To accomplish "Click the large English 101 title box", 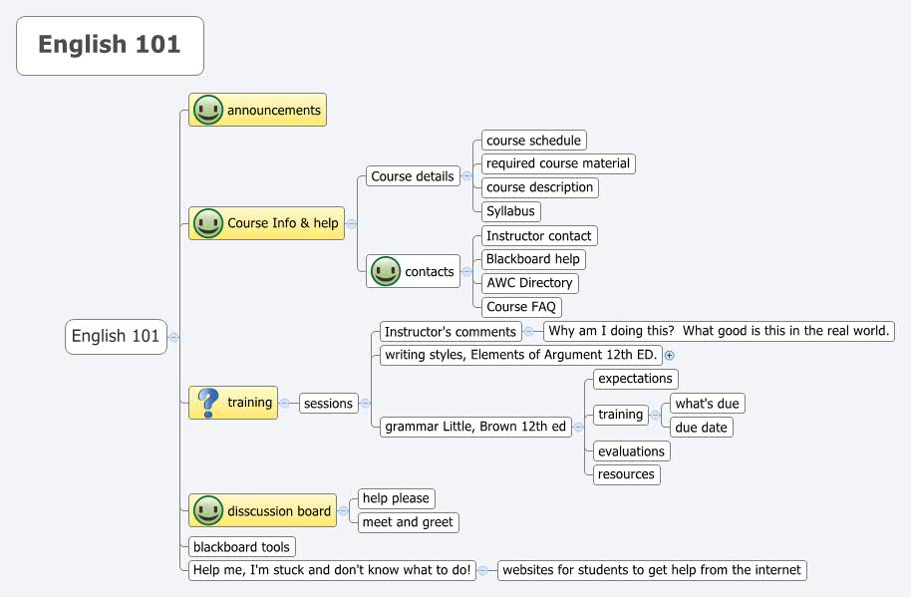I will pos(110,46).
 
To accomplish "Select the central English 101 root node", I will pos(116,337).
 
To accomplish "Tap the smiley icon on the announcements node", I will pos(207,110).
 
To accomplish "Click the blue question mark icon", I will pos(207,403).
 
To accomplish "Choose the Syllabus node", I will pos(510,211).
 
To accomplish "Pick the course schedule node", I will pos(533,141).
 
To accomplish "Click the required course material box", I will pos(558,163).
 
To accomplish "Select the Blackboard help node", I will pos(532,259).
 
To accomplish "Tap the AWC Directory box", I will pos(529,283).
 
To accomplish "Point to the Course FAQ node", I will pos(521,307).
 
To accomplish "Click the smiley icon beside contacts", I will pos(385,271).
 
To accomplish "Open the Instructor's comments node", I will pos(451,332).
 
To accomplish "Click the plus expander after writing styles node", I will pos(670,355).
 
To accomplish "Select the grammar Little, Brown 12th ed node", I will pos(475,427).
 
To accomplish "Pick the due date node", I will pos(702,428).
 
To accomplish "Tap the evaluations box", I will pos(631,451).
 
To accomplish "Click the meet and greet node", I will pos(408,522).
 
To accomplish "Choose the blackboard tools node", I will pos(241,547).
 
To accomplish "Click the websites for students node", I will pos(651,570).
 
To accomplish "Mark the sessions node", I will pos(328,404).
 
